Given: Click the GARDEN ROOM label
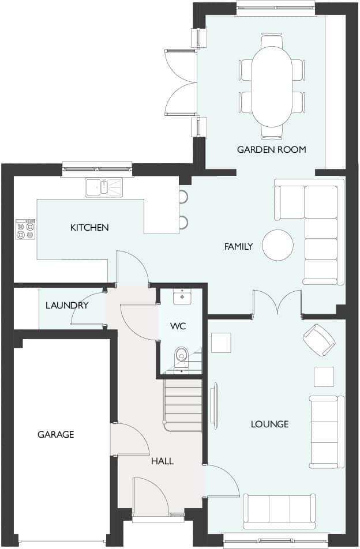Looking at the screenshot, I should [x=271, y=149].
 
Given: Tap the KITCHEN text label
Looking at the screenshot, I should [x=89, y=228].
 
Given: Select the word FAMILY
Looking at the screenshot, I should [x=238, y=247].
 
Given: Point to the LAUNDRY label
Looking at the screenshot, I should [x=67, y=305].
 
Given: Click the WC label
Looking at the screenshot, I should [x=178, y=326].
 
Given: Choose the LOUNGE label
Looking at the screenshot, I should [x=269, y=424].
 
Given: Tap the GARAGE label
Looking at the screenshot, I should [x=56, y=434].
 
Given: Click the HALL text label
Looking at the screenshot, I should [x=162, y=461].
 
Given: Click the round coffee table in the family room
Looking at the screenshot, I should [x=277, y=245].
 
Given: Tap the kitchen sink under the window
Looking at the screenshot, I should [x=104, y=187].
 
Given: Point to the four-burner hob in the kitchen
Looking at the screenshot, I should [x=25, y=230].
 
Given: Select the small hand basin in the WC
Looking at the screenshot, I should [x=182, y=296].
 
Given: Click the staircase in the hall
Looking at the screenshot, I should [x=183, y=401].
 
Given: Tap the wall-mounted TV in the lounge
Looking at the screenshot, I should [x=215, y=407].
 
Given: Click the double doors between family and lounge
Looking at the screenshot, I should [x=277, y=303].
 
